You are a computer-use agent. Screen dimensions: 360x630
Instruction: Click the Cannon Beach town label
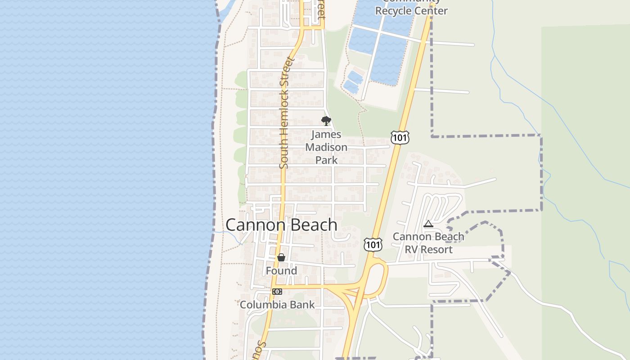pyautogui.click(x=281, y=225)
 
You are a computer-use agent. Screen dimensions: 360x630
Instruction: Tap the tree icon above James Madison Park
pyautogui.click(x=326, y=121)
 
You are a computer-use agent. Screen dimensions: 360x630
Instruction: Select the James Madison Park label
pyautogui.click(x=326, y=147)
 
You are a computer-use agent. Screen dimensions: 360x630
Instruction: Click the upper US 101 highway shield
pyautogui.click(x=399, y=138)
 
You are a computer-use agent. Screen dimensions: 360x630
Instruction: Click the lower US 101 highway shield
pyautogui.click(x=373, y=244)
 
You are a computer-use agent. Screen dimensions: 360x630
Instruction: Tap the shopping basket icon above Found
pyautogui.click(x=281, y=257)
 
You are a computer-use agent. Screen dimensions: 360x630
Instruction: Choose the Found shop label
pyautogui.click(x=281, y=271)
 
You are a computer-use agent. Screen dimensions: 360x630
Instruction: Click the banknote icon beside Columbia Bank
pyautogui.click(x=277, y=292)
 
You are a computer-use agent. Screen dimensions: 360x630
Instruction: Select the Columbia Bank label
pyautogui.click(x=277, y=305)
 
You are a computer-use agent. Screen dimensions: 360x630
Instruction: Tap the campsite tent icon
pyautogui.click(x=428, y=224)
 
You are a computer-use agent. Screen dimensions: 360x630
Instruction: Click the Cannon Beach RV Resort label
pyautogui.click(x=428, y=243)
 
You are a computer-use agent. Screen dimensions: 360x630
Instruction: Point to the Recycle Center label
pyautogui.click(x=412, y=10)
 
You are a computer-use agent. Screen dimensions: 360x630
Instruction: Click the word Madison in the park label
pyautogui.click(x=326, y=147)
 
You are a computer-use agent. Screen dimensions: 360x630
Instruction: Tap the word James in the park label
pyautogui.click(x=326, y=135)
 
